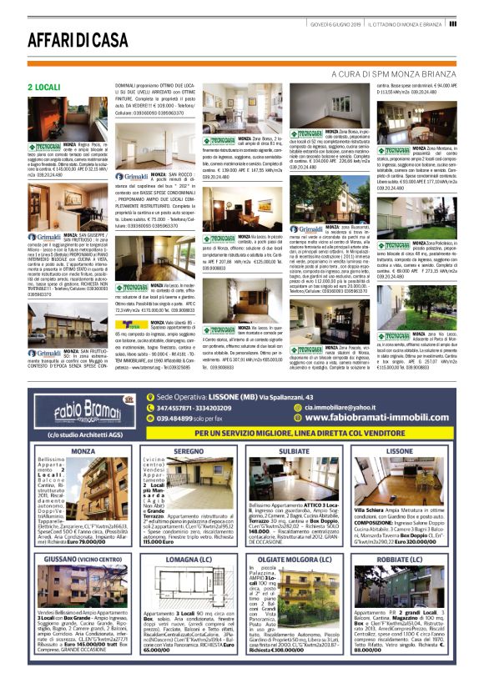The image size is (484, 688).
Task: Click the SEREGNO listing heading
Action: tap(189, 450)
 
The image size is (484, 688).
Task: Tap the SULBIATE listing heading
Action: tap(295, 450)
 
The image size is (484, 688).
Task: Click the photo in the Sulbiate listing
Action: tap(295, 478)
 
